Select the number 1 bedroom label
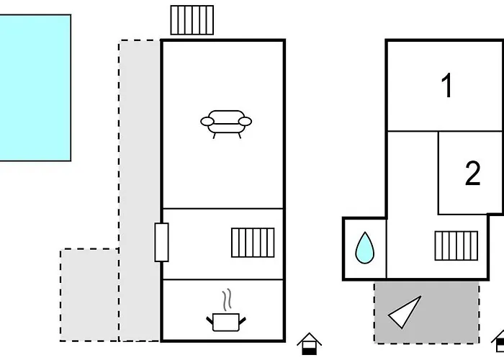tap(447, 86)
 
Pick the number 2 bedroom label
tap(472, 174)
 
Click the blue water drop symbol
tap(365, 248)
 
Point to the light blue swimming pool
tap(35, 87)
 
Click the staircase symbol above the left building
tap(192, 19)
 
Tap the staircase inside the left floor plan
tap(253, 243)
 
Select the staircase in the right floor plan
tap(456, 246)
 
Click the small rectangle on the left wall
tap(161, 242)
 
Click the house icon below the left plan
tap(309, 343)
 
